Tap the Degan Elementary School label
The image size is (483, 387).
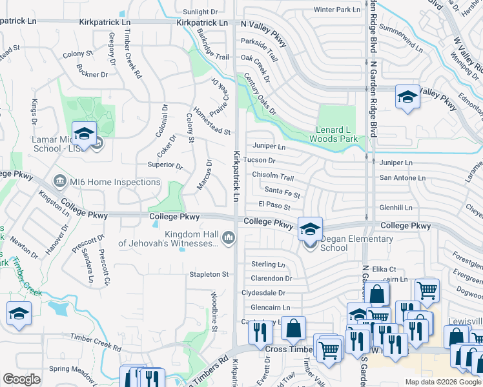347,243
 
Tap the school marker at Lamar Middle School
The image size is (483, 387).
84,134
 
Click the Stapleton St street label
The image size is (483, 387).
209,274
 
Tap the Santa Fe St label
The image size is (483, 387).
282,192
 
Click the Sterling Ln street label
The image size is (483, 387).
268,264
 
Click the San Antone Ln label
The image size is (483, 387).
402,178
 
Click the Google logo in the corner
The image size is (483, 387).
21,379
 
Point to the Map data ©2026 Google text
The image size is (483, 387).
442,382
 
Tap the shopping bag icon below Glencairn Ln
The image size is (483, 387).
293,329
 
